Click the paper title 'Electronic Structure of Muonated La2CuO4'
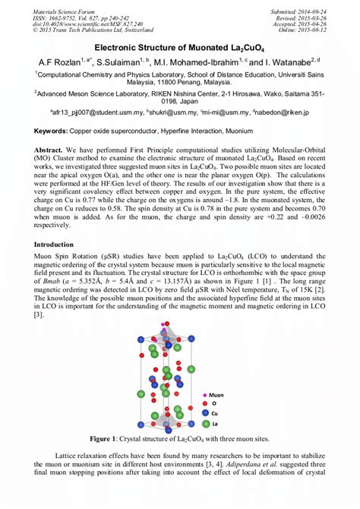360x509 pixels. coord(180,47)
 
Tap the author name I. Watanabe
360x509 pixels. coord(292,61)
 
